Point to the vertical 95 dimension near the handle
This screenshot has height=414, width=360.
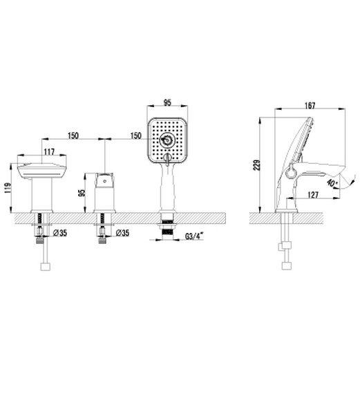point(82,192)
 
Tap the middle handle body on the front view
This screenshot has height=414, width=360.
point(104,194)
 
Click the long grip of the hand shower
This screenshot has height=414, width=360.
point(166,187)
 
